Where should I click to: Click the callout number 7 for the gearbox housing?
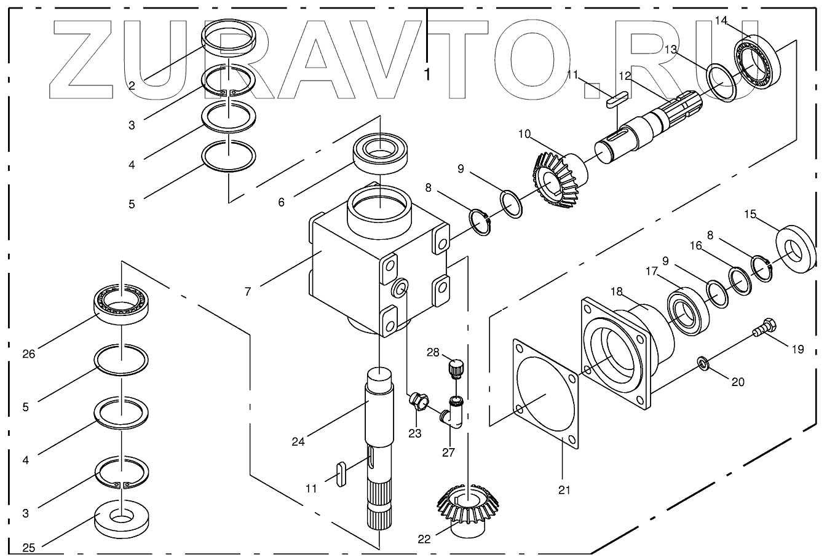click(248, 291)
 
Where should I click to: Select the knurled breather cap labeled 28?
click(456, 368)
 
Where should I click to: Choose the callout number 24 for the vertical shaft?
click(298, 441)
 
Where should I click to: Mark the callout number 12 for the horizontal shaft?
click(625, 76)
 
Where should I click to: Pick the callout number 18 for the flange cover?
click(616, 291)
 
